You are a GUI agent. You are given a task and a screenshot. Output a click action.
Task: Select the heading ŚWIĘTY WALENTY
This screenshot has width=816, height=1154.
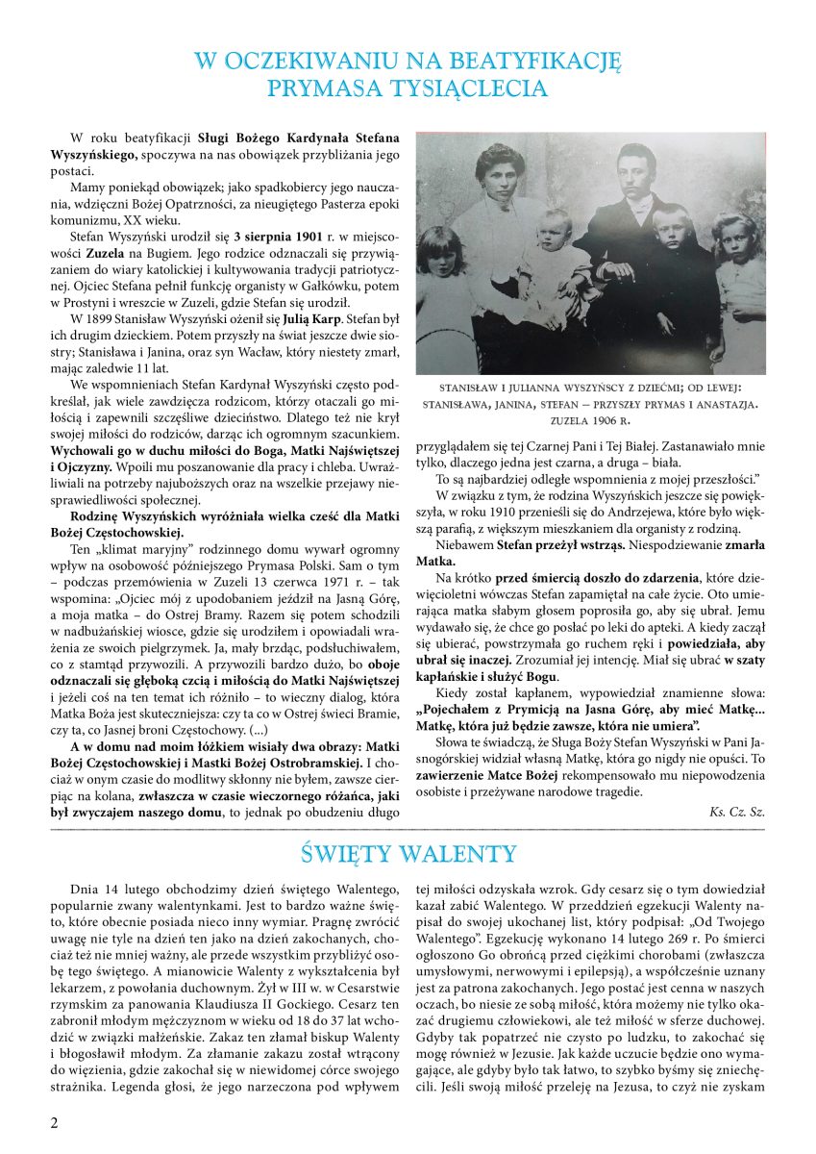[408, 853]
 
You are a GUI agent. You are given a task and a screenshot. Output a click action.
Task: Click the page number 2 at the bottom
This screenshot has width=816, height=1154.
[55, 1124]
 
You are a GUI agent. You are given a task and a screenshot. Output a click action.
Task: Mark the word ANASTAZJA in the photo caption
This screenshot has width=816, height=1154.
[711, 405]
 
